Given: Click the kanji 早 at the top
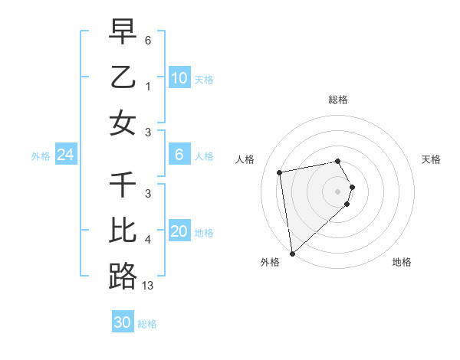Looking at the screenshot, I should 123,33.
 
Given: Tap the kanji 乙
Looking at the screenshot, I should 123,78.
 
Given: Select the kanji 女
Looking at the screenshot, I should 123,123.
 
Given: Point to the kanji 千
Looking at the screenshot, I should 123,186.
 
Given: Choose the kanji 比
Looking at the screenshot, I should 123,231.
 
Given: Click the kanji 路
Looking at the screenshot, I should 123,277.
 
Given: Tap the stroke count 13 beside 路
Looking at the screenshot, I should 148,286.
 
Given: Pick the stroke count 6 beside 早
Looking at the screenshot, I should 148,40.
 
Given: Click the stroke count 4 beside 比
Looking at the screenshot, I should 148,241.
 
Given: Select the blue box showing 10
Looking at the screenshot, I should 179,78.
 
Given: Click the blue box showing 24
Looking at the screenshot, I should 65,155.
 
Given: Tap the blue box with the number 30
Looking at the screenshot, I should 122,323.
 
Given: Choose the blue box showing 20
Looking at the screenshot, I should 179,232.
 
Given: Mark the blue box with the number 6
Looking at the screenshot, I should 179,155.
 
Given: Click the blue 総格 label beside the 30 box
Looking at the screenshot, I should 147,324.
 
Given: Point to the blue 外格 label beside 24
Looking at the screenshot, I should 41,156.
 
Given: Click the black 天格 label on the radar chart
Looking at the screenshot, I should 432,159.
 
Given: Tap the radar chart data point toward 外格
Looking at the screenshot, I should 292,253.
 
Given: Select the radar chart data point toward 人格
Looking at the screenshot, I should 280,172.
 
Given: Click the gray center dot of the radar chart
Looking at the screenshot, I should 338,191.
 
